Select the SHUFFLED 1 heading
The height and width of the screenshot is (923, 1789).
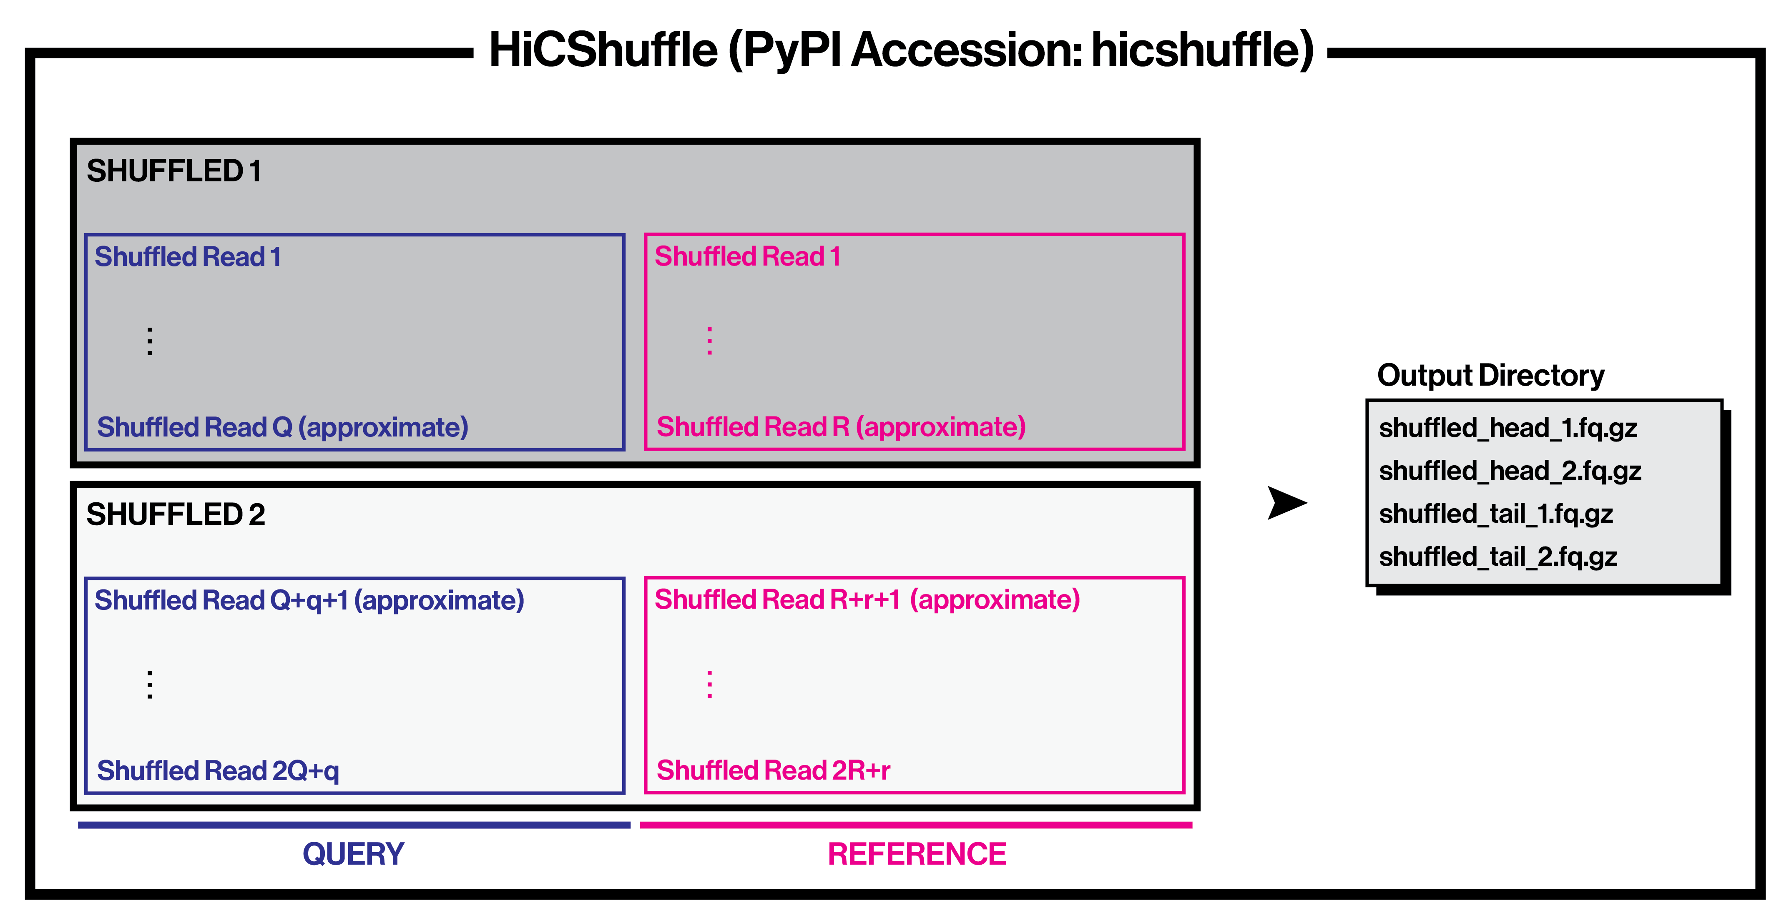(x=173, y=171)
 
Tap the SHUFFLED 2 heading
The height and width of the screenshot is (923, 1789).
(x=175, y=514)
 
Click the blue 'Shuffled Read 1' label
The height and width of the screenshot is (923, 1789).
(x=188, y=257)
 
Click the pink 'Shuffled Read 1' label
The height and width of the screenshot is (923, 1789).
(x=747, y=257)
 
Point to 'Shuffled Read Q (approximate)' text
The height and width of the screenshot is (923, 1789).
(x=282, y=427)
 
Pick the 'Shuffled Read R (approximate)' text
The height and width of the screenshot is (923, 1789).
(x=841, y=427)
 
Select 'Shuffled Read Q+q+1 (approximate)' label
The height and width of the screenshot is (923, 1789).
(x=309, y=600)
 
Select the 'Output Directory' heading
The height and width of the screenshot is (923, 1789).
(x=1490, y=375)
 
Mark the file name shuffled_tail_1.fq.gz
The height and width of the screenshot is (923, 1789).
(x=1495, y=514)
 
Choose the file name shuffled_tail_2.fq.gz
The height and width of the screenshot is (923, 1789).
(x=1498, y=557)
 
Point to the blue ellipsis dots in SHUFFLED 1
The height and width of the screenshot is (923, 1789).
(x=149, y=341)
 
